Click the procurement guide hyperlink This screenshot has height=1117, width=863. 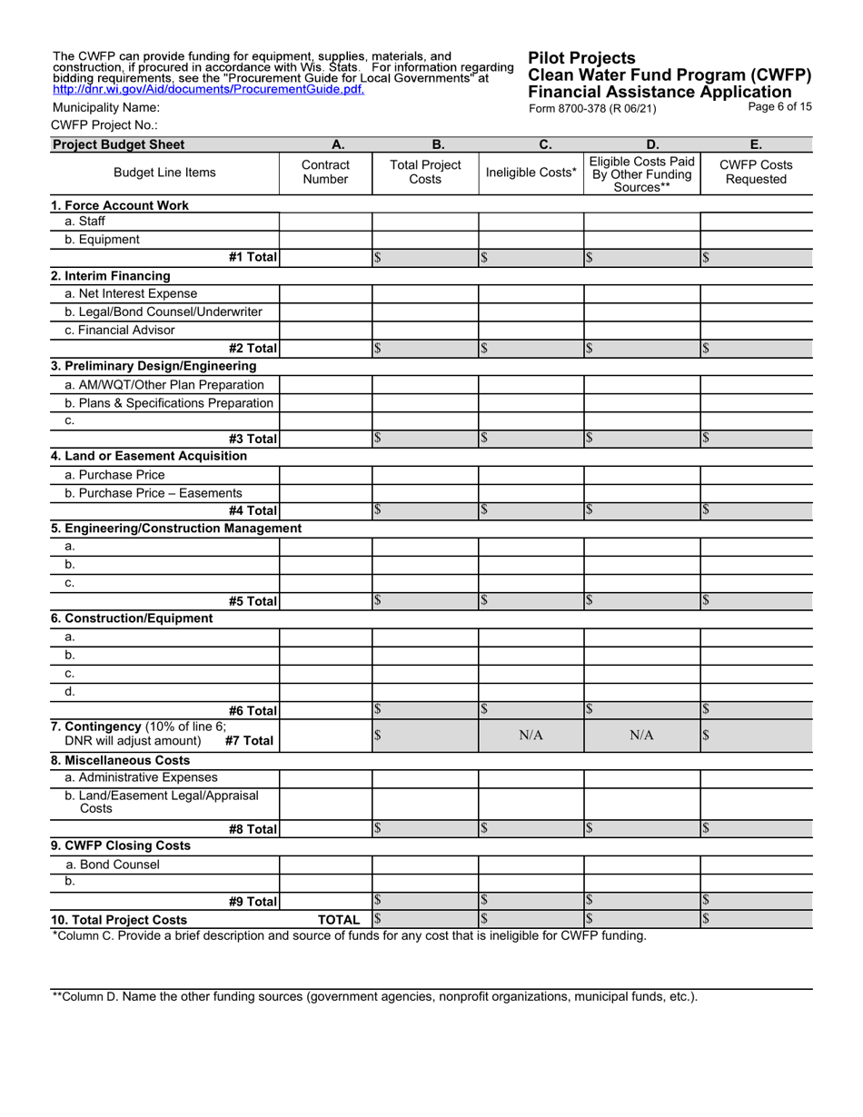(x=209, y=89)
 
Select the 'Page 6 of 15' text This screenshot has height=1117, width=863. (x=779, y=106)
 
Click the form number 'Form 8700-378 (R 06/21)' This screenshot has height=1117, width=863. (x=591, y=108)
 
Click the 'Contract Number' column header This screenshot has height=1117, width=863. (x=325, y=173)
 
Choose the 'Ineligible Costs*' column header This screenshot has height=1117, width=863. (x=531, y=173)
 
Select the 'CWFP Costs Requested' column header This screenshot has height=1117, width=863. (x=756, y=173)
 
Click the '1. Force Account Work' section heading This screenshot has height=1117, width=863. (x=120, y=205)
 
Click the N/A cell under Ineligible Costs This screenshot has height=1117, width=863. (x=531, y=736)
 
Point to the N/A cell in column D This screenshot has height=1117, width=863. (x=641, y=736)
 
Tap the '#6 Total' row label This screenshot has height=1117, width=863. (x=253, y=711)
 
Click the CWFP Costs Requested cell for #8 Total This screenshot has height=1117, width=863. (x=756, y=827)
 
